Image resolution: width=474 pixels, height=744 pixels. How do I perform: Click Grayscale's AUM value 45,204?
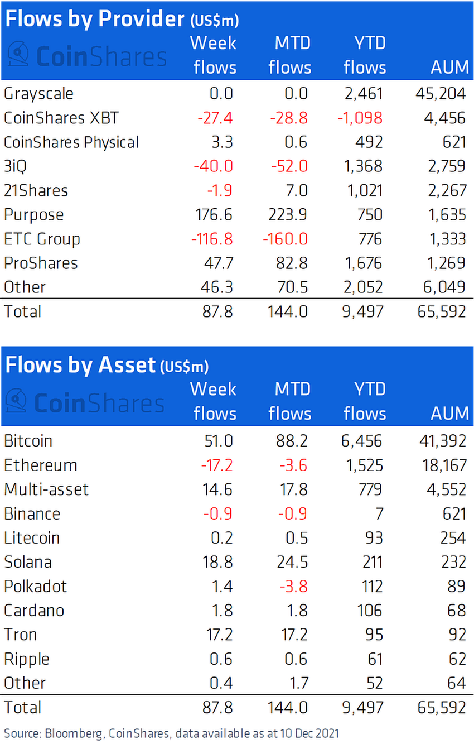(x=440, y=93)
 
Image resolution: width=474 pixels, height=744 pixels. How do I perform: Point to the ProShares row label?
(x=41, y=263)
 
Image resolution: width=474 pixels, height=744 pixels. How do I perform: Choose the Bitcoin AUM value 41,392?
(x=440, y=441)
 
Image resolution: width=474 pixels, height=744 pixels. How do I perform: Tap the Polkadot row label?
(x=35, y=586)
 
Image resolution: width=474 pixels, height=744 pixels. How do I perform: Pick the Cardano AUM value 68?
(x=456, y=610)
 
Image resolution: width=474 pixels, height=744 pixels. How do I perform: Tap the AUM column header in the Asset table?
(x=449, y=414)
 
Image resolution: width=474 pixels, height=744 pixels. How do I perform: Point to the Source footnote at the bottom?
(x=171, y=732)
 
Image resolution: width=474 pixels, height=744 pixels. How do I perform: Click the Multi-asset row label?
(x=46, y=489)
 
